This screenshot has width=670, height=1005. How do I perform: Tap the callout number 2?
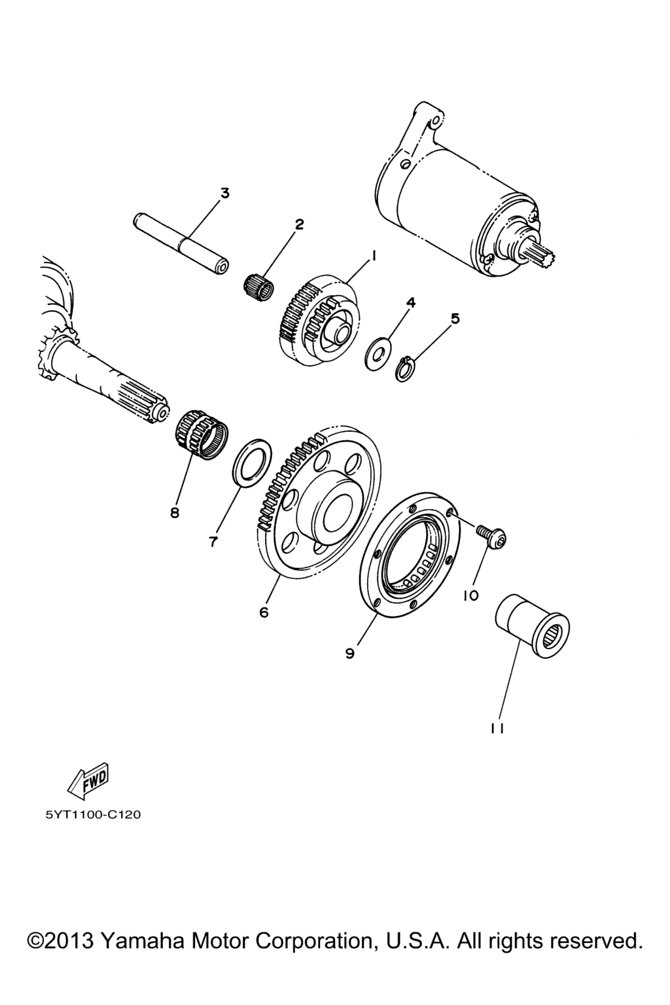299,224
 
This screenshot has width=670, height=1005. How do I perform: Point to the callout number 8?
175,512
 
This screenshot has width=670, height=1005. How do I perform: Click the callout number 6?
264,612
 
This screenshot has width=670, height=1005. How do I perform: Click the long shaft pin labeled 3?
181,243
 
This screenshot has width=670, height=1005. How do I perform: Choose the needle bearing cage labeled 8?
201,434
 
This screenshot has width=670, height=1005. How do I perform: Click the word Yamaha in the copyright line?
142,941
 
